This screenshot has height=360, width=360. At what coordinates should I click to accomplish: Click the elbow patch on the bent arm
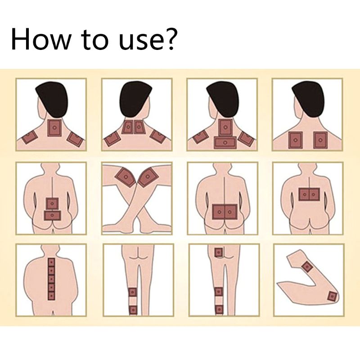[332, 296]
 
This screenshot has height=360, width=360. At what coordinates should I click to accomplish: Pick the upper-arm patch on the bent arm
[307, 267]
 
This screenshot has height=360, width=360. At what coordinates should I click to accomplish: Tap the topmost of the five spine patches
[51, 262]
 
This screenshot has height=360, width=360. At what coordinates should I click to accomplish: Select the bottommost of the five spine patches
[51, 296]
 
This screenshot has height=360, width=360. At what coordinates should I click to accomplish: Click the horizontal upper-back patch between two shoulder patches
[225, 142]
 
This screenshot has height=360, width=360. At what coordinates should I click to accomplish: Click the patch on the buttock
[219, 252]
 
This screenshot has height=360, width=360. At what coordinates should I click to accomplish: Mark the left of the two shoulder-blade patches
[296, 140]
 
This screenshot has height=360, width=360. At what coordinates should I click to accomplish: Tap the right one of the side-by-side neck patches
[139, 127]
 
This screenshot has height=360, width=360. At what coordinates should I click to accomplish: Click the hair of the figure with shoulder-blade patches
[308, 99]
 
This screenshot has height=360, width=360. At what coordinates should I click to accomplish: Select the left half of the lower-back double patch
[218, 211]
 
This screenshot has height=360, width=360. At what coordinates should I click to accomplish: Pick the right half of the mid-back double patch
[314, 194]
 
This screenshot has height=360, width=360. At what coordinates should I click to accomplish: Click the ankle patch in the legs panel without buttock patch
[133, 310]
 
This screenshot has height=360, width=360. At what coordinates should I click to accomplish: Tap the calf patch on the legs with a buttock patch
[218, 292]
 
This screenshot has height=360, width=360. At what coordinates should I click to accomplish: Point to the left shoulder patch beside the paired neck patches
[112, 139]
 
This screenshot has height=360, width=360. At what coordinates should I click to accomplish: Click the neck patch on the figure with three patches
[54, 128]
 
